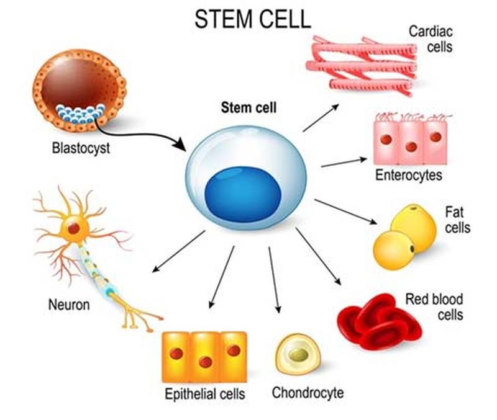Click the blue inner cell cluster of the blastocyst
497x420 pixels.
tap(80, 115)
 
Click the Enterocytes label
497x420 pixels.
tap(408, 175)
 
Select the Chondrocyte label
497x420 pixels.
tap(308, 392)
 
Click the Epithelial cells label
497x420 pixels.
tap(204, 393)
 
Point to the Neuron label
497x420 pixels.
tap(68, 305)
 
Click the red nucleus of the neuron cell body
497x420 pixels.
tap(73, 228)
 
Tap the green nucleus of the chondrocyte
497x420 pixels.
tap(298, 355)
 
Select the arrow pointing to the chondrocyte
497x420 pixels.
tap(274, 279)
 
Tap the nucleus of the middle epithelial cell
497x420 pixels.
tap(205, 362)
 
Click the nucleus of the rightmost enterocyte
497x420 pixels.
tap(435, 136)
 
